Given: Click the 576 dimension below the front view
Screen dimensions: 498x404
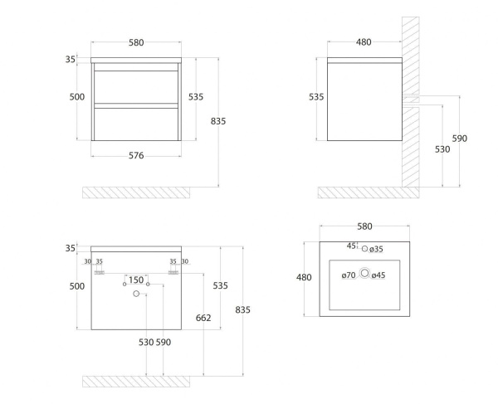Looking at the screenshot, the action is (136, 155).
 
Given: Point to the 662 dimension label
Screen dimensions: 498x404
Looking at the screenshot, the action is (203, 318).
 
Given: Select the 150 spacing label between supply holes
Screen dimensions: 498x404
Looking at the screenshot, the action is (136, 280).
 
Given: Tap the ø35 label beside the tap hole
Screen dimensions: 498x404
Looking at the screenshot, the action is (376, 250).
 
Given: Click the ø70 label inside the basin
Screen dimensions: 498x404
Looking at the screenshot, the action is (349, 275).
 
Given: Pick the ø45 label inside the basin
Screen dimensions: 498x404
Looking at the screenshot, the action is (378, 275).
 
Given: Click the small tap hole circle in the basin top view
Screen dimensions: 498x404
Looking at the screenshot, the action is (364, 249).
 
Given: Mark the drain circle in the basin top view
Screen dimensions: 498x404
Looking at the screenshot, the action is (364, 273).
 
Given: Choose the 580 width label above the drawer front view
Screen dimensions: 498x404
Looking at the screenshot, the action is (136, 42).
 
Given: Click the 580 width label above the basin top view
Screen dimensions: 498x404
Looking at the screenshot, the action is (364, 226).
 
